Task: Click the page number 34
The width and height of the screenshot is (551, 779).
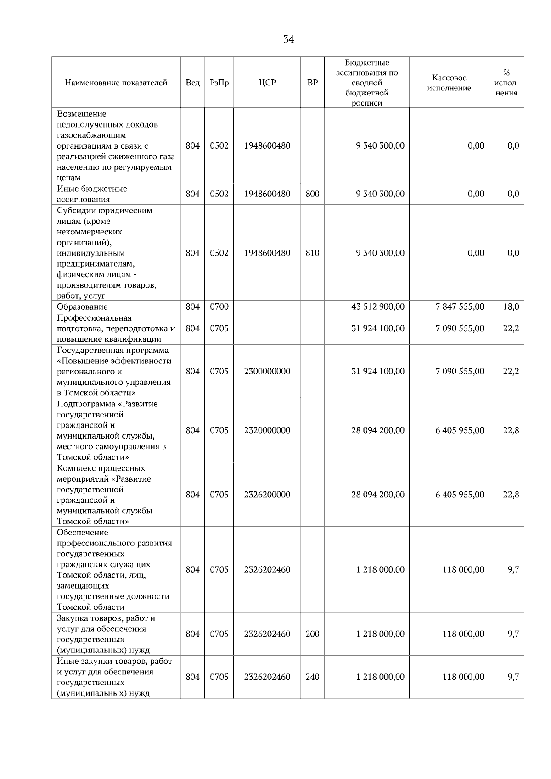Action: pyautogui.click(x=288, y=39)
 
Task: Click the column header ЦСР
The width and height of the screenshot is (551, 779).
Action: pyautogui.click(x=267, y=83)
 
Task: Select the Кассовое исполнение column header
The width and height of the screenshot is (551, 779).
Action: pyautogui.click(x=449, y=83)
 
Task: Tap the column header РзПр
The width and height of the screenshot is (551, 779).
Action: pyautogui.click(x=219, y=83)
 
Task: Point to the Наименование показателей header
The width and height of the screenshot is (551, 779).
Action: pyautogui.click(x=116, y=83)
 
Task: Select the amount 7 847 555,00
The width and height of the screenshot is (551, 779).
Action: pyautogui.click(x=460, y=307)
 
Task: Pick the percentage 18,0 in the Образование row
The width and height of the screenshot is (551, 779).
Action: pyautogui.click(x=511, y=307)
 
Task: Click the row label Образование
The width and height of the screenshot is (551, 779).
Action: pyautogui.click(x=82, y=307)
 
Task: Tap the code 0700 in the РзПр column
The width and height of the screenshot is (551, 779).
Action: pyautogui.click(x=219, y=307)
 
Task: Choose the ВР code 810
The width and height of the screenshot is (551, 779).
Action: pyautogui.click(x=312, y=253)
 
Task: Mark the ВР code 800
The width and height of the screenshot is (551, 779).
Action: pyautogui.click(x=312, y=194)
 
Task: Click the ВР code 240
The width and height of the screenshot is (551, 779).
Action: pyautogui.click(x=312, y=677)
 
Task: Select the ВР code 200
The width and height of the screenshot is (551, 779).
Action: pyautogui.click(x=312, y=634)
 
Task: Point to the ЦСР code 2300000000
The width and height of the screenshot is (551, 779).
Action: pyautogui.click(x=267, y=371)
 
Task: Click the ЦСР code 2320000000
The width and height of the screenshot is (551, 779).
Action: pyautogui.click(x=267, y=430)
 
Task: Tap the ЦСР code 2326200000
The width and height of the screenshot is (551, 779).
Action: pyautogui.click(x=267, y=495)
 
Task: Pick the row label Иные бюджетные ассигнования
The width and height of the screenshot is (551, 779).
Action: pyautogui.click(x=92, y=194)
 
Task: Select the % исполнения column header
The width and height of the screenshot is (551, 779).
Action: pyautogui.click(x=506, y=83)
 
